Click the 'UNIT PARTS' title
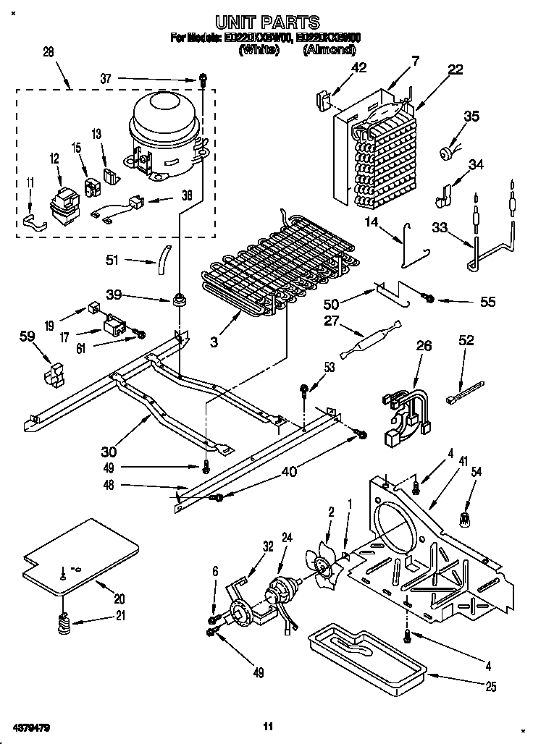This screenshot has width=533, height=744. [x=267, y=22]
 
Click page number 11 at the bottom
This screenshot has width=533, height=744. [x=267, y=726]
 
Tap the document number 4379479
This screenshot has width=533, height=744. [x=31, y=726]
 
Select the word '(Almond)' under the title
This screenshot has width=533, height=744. [x=330, y=50]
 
